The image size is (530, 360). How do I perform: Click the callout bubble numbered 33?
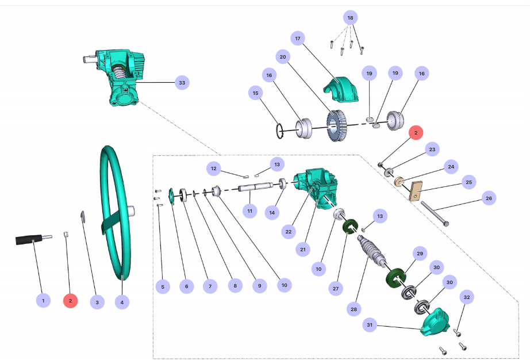(x=182, y=83)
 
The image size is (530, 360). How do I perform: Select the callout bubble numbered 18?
(x=351, y=18)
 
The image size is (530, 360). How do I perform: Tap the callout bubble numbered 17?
(x=298, y=39)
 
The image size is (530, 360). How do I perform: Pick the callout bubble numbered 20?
(x=283, y=57)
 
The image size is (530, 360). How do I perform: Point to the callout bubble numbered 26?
(x=489, y=198)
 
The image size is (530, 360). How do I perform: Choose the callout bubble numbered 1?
(x=43, y=300)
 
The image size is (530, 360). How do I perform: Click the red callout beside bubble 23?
(x=416, y=132)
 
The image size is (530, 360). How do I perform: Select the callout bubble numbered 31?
(x=370, y=325)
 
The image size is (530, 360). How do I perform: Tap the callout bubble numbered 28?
(x=354, y=309)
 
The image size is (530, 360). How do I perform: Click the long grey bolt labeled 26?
(x=435, y=213)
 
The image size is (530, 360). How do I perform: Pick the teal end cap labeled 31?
(x=436, y=322)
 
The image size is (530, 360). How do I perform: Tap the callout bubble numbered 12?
(x=214, y=168)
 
